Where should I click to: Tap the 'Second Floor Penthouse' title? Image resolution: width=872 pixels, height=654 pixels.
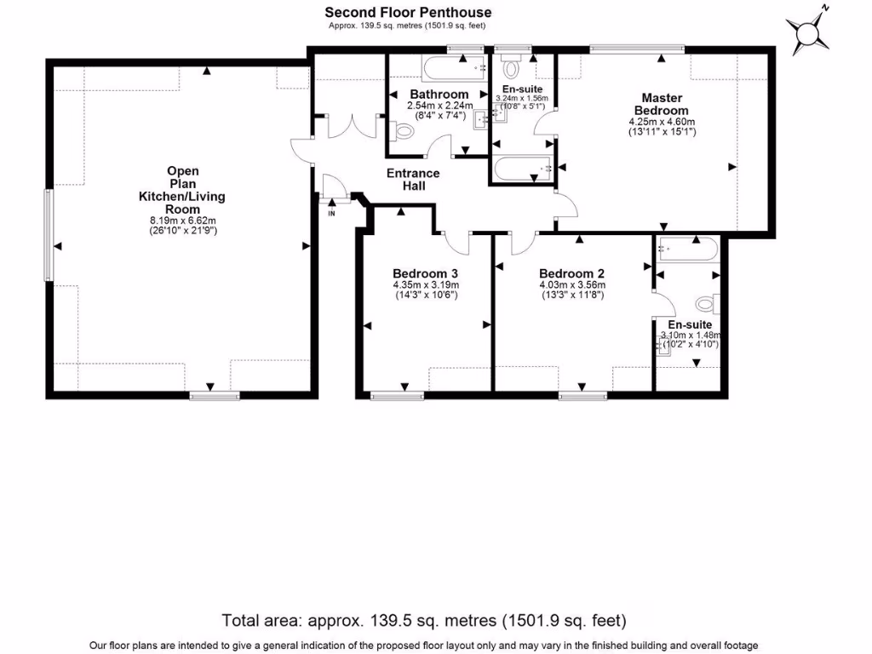coord(408,12)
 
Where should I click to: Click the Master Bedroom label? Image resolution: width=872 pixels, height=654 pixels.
coord(661,104)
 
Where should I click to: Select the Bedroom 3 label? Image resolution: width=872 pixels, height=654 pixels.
coord(425,272)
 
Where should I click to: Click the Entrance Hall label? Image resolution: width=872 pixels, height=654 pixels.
coord(413,179)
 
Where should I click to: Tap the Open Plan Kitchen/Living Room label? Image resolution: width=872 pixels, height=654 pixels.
coord(182,190)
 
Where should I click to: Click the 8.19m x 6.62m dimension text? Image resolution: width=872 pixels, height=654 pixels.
coord(182,221)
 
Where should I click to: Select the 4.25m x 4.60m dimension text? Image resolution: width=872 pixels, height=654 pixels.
coord(661,122)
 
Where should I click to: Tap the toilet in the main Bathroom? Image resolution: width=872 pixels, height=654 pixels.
coord(403,132)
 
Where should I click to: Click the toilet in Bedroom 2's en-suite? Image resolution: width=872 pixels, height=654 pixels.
coord(706,303)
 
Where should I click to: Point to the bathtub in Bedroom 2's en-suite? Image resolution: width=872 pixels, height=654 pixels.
coord(686,250)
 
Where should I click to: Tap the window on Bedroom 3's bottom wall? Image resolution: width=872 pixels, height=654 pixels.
coord(397,394)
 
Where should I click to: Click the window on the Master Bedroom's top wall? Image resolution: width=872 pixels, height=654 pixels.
coord(636,49)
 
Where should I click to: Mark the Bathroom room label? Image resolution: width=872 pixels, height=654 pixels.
coord(439,94)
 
